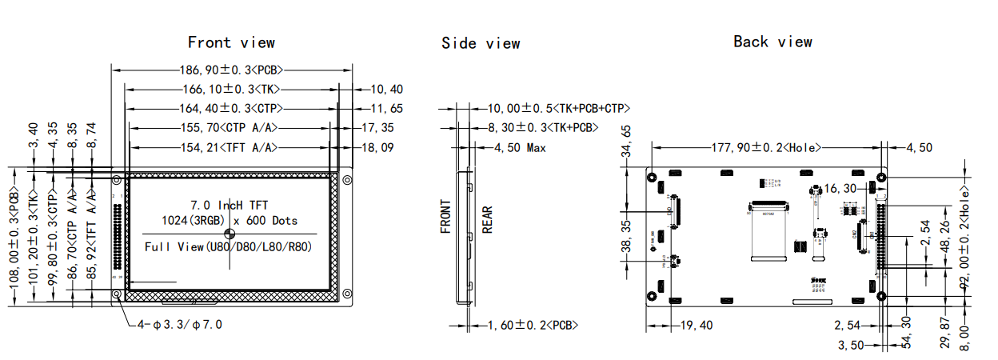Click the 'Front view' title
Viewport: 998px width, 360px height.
(x=231, y=42)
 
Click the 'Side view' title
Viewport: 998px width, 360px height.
(x=481, y=43)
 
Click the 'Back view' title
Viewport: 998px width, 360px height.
(x=772, y=42)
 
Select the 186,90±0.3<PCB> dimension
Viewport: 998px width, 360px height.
(x=231, y=70)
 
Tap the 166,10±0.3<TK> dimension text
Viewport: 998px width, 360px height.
(x=231, y=90)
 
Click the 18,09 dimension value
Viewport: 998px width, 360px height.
(x=377, y=147)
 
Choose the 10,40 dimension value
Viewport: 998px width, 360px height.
(x=387, y=90)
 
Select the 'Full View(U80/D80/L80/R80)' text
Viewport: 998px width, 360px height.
(x=229, y=246)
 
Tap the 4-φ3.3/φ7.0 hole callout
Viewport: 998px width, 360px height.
(x=180, y=325)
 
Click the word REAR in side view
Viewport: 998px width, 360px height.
(x=487, y=219)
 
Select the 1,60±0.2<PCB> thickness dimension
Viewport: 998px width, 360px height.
(x=533, y=325)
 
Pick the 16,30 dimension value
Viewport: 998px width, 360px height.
(x=840, y=189)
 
